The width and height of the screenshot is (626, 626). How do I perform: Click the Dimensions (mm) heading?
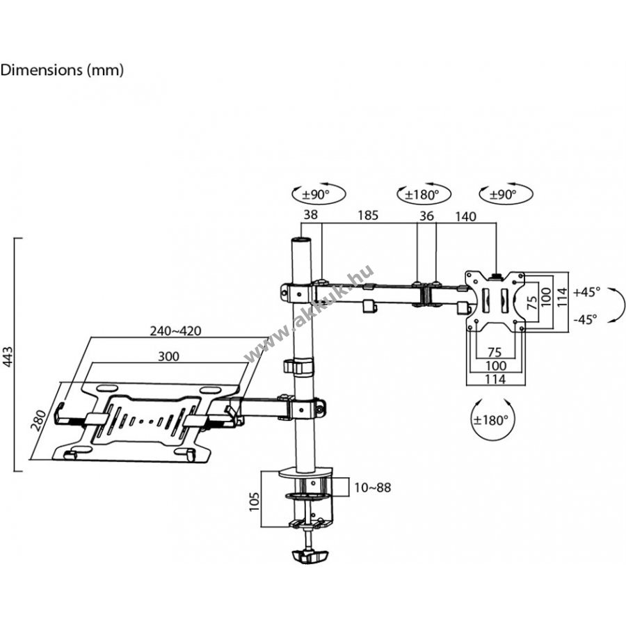[62, 70]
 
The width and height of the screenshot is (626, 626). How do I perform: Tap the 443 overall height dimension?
[8, 357]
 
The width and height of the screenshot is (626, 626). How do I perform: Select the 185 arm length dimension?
[368, 215]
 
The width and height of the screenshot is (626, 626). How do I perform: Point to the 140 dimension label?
[465, 216]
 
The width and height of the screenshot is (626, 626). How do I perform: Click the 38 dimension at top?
[311, 215]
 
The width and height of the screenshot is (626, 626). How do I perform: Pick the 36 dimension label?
[426, 216]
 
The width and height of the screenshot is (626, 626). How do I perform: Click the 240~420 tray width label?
[176, 331]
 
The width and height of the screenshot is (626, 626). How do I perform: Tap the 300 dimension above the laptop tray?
[168, 356]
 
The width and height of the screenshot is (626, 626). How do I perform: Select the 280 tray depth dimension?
[40, 420]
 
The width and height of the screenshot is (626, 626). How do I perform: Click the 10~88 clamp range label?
[373, 488]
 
